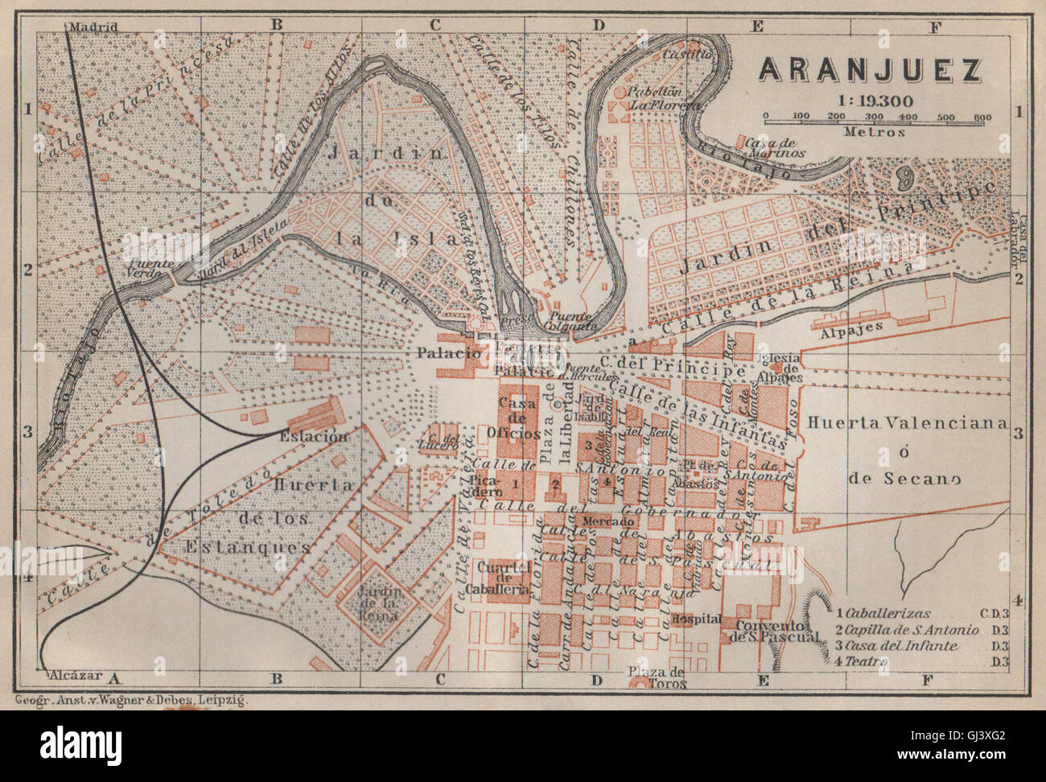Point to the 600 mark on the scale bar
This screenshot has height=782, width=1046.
coord(982,117)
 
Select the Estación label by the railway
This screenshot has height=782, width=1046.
coord(314,437)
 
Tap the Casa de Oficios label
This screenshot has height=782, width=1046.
coord(520,418)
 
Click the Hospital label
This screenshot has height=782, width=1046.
coord(694,619)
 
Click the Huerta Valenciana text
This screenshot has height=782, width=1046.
coord(907,423)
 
